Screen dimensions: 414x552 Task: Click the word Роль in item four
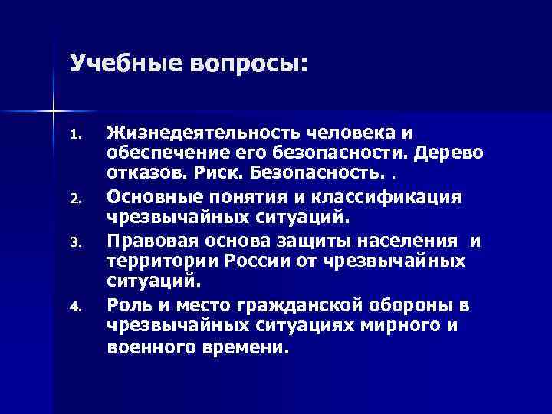pyautogui.click(x=127, y=304)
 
